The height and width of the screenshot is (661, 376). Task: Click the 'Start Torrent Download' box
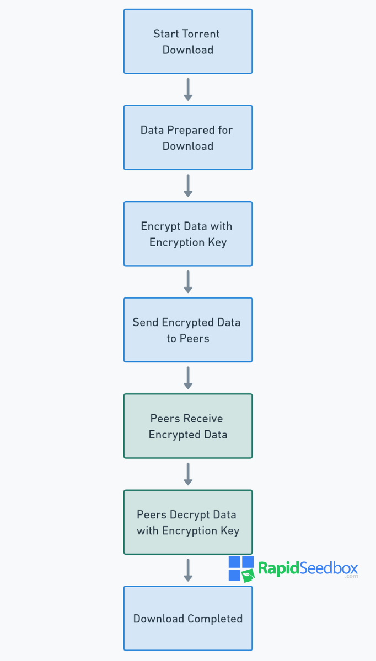click(x=188, y=41)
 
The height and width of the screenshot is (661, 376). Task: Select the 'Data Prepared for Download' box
click(x=188, y=138)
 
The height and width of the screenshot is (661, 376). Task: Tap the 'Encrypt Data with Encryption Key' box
click(x=188, y=234)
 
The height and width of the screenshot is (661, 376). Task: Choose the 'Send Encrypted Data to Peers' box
click(x=188, y=330)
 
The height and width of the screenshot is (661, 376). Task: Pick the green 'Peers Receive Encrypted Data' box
click(x=188, y=426)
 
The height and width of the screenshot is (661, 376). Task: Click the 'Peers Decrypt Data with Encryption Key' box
click(x=188, y=522)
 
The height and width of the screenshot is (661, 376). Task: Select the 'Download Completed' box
click(x=188, y=619)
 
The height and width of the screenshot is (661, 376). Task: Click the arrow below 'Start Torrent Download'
click(x=188, y=89)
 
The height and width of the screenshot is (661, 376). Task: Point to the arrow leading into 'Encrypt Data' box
click(x=188, y=186)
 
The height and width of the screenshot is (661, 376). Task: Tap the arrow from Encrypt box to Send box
click(x=188, y=282)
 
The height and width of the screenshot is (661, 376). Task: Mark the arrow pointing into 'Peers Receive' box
click(x=188, y=378)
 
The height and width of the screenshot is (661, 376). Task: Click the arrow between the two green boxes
click(x=188, y=474)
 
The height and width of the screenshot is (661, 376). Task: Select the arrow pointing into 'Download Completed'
click(x=188, y=571)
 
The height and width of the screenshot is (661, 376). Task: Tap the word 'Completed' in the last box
click(x=215, y=619)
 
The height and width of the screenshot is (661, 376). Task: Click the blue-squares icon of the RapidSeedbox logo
click(x=241, y=569)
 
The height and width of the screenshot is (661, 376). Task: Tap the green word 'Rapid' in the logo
click(x=279, y=568)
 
